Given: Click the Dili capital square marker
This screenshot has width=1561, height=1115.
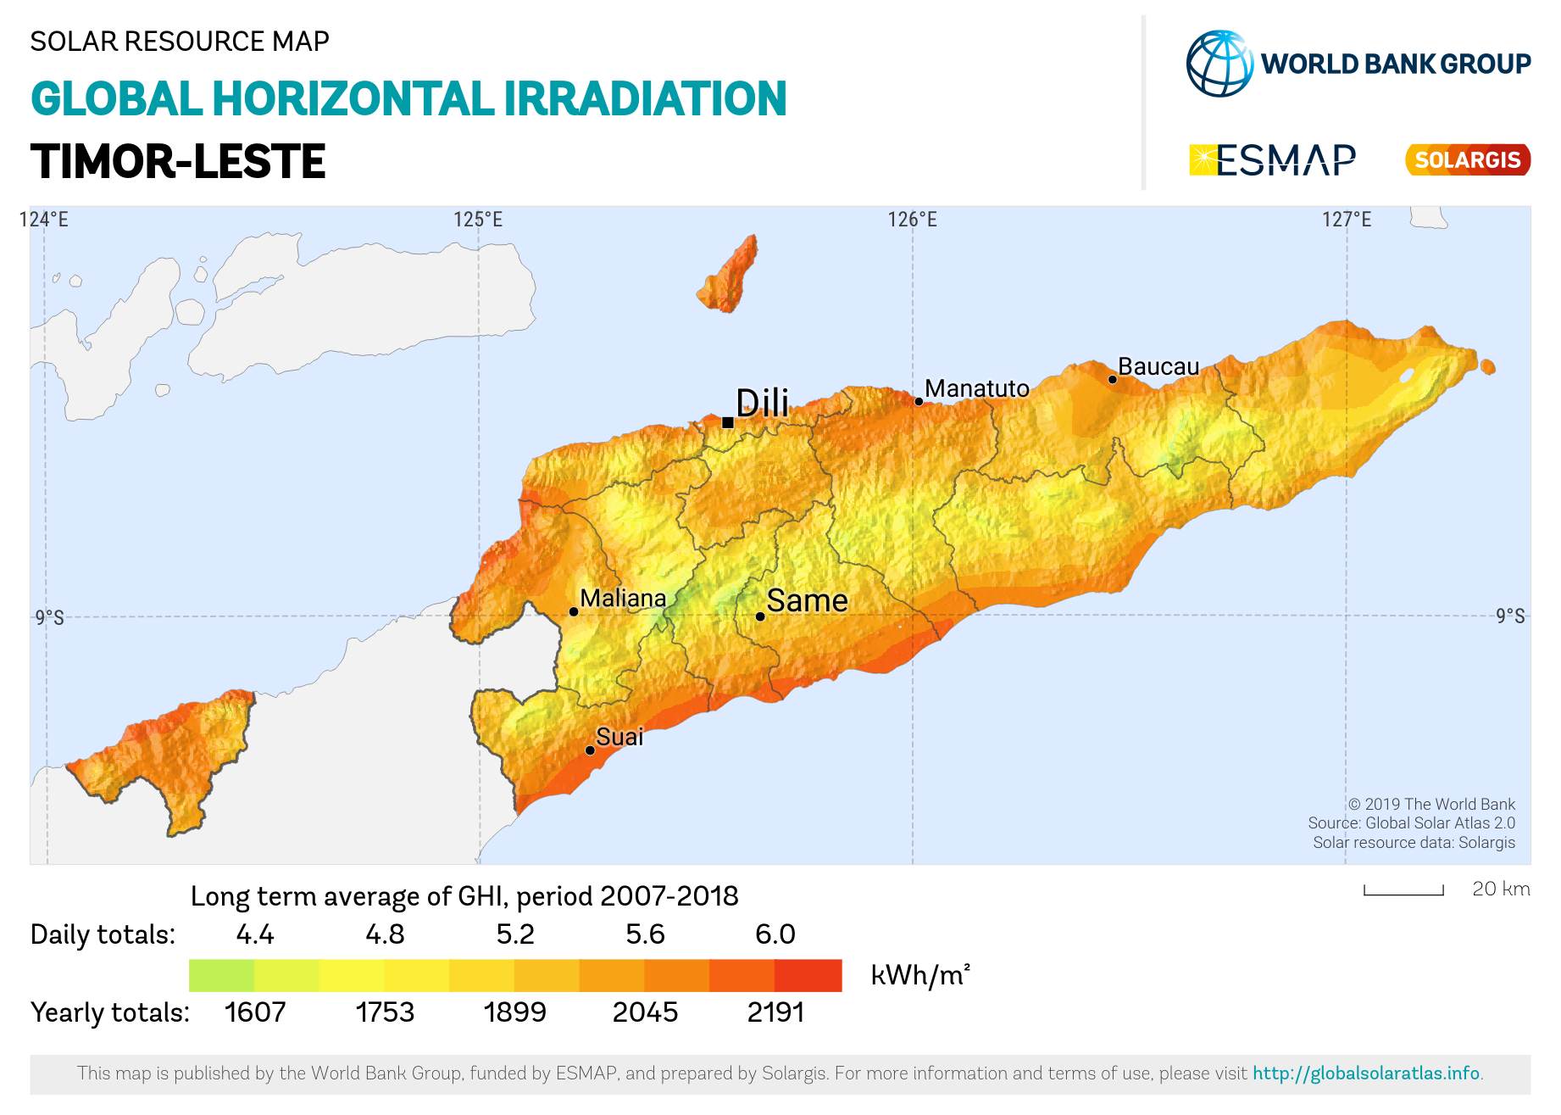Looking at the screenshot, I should click(727, 422).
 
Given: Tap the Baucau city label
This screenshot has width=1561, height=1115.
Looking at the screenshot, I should click(1158, 366).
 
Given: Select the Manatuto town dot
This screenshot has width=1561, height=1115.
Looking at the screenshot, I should click(919, 401).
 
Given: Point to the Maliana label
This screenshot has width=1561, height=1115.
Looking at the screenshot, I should click(623, 598).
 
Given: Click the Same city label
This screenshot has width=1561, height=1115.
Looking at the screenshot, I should click(807, 600).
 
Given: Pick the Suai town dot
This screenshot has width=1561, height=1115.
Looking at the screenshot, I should click(590, 750).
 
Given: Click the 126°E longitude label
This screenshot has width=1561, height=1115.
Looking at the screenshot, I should click(912, 220).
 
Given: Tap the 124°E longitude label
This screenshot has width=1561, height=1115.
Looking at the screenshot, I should click(44, 220).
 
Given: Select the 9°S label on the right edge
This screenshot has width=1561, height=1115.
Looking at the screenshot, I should click(1509, 616).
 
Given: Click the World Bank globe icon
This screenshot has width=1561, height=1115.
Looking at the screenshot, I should click(1219, 64).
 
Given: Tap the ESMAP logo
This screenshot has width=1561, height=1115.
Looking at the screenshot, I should click(1272, 159).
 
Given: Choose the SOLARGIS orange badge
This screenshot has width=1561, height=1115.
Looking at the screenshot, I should click(1467, 159).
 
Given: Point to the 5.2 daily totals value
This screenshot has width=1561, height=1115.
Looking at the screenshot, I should click(515, 934).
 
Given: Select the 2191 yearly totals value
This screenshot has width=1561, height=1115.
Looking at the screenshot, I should click(775, 1012).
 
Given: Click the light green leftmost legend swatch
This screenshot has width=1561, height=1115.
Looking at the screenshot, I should click(221, 975).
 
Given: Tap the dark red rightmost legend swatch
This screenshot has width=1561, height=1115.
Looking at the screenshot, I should click(808, 975).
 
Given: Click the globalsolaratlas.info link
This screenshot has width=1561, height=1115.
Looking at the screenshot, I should click(1367, 1073).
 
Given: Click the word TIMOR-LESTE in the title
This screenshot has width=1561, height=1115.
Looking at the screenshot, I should click(178, 161).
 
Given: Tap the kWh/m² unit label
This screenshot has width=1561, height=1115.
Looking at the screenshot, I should click(919, 975).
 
